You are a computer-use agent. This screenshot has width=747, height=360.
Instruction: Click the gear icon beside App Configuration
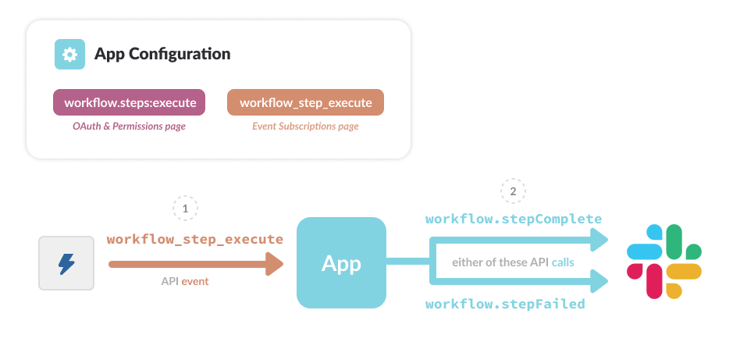(69, 55)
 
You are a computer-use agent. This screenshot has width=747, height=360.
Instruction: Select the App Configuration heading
(162, 54)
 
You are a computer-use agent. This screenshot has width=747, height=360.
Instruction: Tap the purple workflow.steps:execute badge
(129, 102)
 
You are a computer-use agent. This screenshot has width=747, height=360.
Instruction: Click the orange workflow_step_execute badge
(305, 102)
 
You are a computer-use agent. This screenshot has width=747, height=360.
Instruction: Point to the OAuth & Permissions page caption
(129, 127)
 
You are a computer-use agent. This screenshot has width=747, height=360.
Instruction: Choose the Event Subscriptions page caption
(305, 127)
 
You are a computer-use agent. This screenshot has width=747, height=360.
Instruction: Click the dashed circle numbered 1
(185, 209)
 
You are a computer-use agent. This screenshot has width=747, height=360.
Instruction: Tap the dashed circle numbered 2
(513, 191)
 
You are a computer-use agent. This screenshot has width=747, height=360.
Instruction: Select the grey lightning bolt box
(66, 263)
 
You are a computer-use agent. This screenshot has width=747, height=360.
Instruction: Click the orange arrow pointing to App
(196, 264)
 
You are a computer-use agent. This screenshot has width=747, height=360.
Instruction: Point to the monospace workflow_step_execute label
(195, 239)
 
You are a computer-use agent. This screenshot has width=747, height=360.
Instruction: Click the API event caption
(185, 281)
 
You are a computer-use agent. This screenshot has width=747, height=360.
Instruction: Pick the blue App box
(341, 262)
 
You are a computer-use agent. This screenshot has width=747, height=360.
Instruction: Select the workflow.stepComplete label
(514, 219)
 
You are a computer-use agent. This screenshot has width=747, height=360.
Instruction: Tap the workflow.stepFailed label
(505, 304)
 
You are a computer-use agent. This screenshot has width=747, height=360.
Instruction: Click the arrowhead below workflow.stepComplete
(599, 240)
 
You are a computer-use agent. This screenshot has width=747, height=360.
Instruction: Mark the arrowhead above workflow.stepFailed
(599, 281)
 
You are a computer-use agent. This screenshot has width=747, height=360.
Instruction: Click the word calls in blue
(563, 262)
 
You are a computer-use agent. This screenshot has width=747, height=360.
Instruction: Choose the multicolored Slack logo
(664, 262)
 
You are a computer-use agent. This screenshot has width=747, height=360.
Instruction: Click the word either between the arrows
(464, 262)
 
